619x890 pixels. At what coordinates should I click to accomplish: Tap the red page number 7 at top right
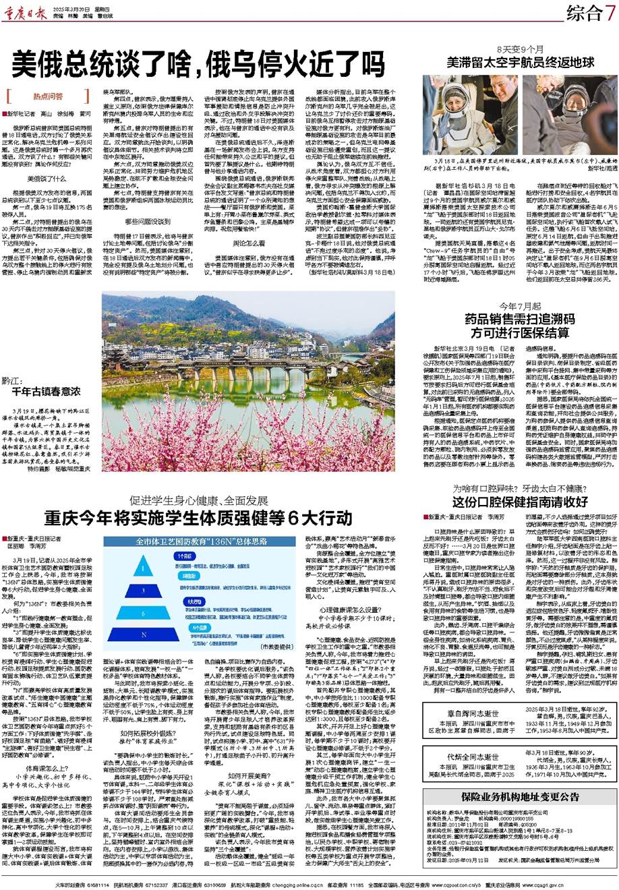point(610,11)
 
